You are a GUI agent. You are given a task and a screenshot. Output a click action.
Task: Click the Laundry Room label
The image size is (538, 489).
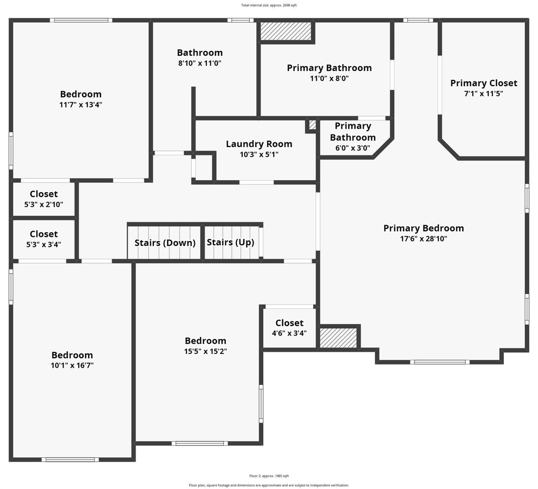[259, 144]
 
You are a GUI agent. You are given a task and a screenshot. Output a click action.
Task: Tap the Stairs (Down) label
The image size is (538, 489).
[165, 243]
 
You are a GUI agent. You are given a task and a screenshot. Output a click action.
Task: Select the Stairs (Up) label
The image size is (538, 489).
[231, 243]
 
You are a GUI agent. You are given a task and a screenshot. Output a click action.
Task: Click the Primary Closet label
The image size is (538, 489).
[484, 84]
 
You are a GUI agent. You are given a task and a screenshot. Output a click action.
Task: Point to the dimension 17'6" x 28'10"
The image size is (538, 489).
[424, 238]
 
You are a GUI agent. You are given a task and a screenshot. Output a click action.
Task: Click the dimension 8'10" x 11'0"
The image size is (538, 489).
[200, 63]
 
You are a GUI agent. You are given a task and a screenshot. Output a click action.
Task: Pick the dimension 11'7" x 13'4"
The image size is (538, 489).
[80, 105]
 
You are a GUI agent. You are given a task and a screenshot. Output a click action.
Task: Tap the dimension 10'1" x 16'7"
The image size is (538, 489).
[72, 366]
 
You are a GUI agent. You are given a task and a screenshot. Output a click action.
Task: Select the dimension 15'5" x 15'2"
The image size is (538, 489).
[205, 351]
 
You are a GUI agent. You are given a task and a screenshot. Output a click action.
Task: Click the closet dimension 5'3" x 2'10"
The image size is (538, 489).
[44, 205]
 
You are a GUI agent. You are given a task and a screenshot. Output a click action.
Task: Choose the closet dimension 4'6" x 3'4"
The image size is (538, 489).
[289, 333]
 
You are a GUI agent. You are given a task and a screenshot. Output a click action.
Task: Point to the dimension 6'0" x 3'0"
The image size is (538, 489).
[353, 148]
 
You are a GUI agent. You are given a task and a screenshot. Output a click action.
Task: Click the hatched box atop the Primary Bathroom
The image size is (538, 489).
[286, 31]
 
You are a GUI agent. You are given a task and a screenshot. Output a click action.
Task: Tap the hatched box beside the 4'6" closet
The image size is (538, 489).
[338, 338]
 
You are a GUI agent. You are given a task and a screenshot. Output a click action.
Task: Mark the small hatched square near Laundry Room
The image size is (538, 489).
[312, 124]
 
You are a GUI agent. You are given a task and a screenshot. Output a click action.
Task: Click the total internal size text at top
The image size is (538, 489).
[269, 5]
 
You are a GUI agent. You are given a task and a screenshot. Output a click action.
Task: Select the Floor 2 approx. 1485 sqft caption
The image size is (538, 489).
[269, 476]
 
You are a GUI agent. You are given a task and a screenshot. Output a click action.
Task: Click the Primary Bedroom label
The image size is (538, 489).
[424, 228]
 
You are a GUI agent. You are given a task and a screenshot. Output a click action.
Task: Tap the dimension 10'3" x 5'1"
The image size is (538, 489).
[259, 154]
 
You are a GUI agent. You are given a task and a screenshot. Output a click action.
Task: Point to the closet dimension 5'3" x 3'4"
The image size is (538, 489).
[44, 245]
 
